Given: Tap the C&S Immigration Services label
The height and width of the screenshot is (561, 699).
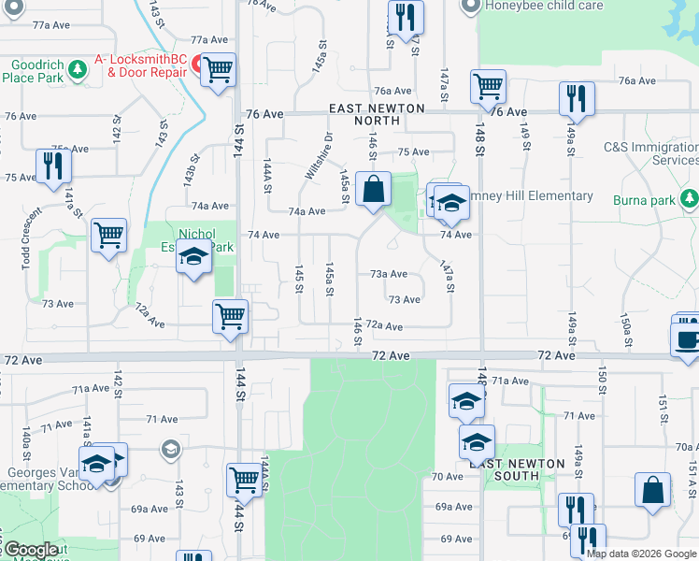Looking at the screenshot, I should coord(650,153).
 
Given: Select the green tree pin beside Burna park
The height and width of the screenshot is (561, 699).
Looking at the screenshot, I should coord(689,198).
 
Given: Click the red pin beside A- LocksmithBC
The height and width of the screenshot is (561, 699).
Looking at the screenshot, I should coord(197,64).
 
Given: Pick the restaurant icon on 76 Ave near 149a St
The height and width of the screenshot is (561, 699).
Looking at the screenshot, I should coord(577,99).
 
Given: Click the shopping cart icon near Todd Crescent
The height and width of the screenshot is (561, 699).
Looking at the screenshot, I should coord(108,236).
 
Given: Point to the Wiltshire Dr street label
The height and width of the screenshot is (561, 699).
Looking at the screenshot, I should coord(320,155).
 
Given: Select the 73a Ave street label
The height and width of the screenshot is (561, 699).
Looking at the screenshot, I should coord(389,274).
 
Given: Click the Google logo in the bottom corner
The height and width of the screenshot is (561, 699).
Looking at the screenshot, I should coord(31,550).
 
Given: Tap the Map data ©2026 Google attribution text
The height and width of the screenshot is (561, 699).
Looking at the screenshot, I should coord(641,554).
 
